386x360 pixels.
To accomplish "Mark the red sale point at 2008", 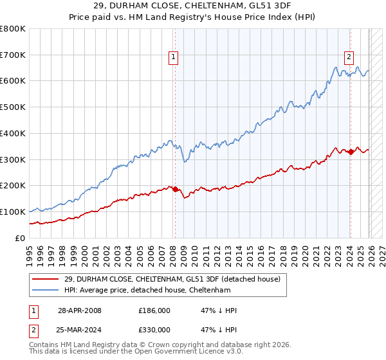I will pyautogui.click(x=174, y=189).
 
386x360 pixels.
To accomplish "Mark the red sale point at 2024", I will pyautogui.click(x=351, y=152).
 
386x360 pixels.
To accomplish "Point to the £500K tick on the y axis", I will pyautogui.click(x=13, y=107).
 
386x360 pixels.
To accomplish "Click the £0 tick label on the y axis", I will pyautogui.click(x=21, y=238).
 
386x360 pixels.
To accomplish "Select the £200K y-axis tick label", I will pyautogui.click(x=13, y=186).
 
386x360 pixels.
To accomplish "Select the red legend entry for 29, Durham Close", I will pyautogui.click(x=172, y=279).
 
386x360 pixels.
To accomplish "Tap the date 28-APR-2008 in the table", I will pyautogui.click(x=79, y=310).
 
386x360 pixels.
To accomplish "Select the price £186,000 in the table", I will pyautogui.click(x=154, y=310).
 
